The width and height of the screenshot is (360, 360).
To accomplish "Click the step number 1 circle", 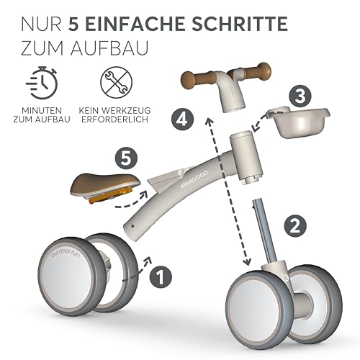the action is coord(161,276).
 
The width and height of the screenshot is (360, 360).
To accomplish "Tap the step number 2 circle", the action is coord(295,226).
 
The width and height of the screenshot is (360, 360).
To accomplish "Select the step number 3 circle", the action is coord(300,96).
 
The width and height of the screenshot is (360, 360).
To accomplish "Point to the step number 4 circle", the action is coord(183,120).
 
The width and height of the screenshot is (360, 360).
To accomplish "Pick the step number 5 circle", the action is coord(126,159).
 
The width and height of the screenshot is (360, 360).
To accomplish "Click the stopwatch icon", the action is coord(42,82).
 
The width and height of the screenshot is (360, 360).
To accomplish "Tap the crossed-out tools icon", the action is coord(117,82).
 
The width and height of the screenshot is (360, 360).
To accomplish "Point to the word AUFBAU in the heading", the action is coord(109,48).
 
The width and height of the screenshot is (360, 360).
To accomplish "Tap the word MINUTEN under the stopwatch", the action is coord(42,111).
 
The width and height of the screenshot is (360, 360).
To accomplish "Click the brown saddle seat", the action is coord(105,186).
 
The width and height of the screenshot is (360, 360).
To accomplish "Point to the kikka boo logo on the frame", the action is coord(194,178).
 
